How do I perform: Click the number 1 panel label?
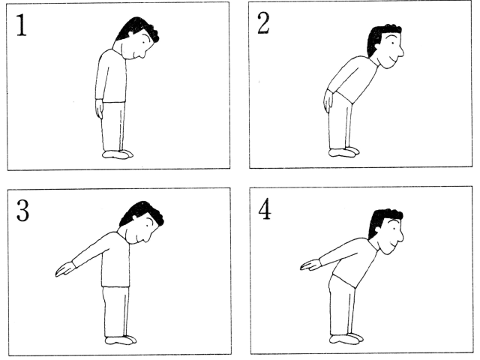pos(21,25)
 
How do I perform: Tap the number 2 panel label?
pos(263,24)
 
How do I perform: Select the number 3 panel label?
pos(22,210)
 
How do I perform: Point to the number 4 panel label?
pos(265,209)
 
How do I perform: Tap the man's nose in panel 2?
pos(400,52)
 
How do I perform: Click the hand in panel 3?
pos(65,269)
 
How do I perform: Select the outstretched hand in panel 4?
pos(310,265)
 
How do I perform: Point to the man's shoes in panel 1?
pos(118,154)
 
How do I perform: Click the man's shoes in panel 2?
pos(344,151)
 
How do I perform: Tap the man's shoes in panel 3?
pos(121,340)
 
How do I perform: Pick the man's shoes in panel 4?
pos(346,339)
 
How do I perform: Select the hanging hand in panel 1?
pos(99,109)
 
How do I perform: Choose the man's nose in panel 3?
pos(148,236)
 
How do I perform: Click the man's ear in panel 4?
pos(377,229)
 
